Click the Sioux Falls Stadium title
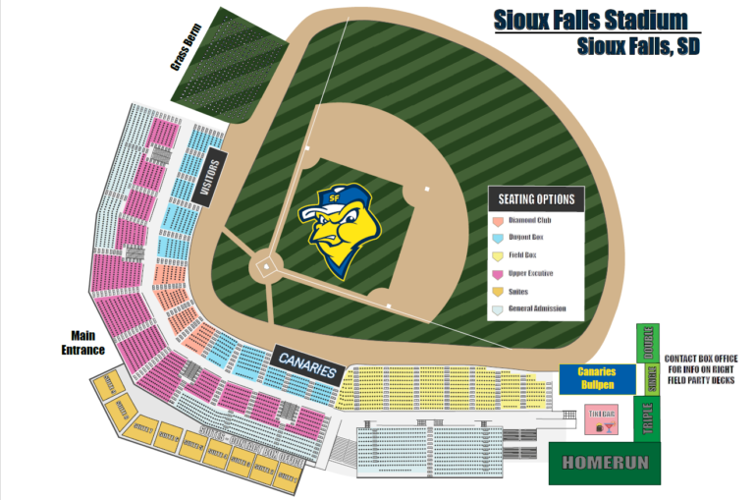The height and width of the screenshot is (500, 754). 589,21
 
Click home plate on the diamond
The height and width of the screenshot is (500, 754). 264,267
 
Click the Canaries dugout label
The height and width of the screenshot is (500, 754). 306,364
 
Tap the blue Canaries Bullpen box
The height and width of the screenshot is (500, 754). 595,378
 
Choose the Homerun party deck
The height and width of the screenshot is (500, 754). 605,463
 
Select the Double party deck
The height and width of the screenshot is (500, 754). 649,344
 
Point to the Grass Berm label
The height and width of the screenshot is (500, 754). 187,47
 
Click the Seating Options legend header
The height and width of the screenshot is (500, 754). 536,199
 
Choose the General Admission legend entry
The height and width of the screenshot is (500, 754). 536,309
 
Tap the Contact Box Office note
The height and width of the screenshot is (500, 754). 700,371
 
